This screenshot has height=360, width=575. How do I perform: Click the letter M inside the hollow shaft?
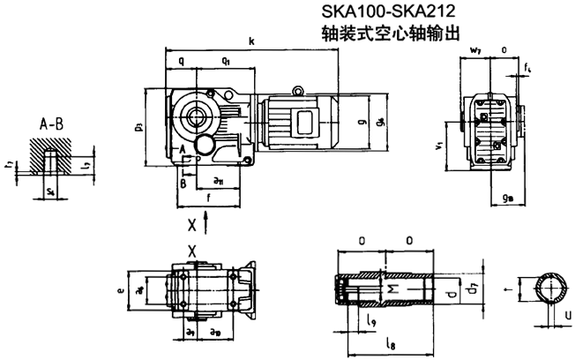coord(396,289)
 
